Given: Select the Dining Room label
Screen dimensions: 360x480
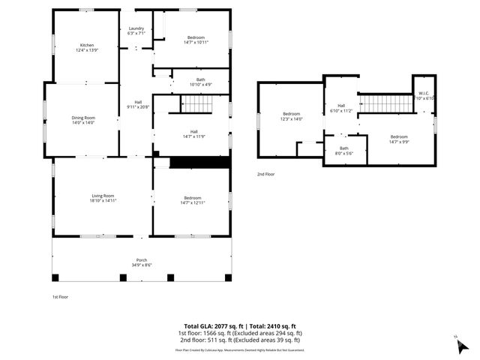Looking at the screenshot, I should pos(83,118).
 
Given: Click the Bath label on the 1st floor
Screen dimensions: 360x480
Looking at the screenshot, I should pos(200,80).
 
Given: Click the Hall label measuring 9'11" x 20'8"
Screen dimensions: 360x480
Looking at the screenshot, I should pos(138,104).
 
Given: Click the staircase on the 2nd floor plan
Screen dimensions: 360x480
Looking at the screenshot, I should pos(382,103).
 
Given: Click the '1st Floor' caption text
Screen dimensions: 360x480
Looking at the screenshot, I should pos(60,297).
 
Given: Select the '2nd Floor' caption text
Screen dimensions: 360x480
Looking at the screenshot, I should pos(265,174).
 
